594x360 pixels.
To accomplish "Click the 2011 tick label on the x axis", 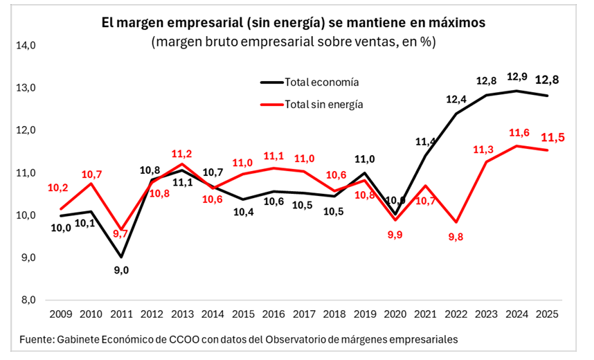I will point(120,314).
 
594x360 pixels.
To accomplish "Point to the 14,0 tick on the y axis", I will point(26,46).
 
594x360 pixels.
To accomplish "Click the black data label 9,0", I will point(121,270).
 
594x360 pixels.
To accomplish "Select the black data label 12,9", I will point(516,77).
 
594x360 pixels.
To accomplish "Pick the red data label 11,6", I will point(516,132).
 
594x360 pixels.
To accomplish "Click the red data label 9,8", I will point(456,236).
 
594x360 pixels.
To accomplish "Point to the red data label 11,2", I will point(181,154).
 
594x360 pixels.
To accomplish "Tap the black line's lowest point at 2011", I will point(121,257).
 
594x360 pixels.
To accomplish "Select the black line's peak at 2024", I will point(516,91).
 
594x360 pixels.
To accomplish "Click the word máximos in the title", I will point(453,23).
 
